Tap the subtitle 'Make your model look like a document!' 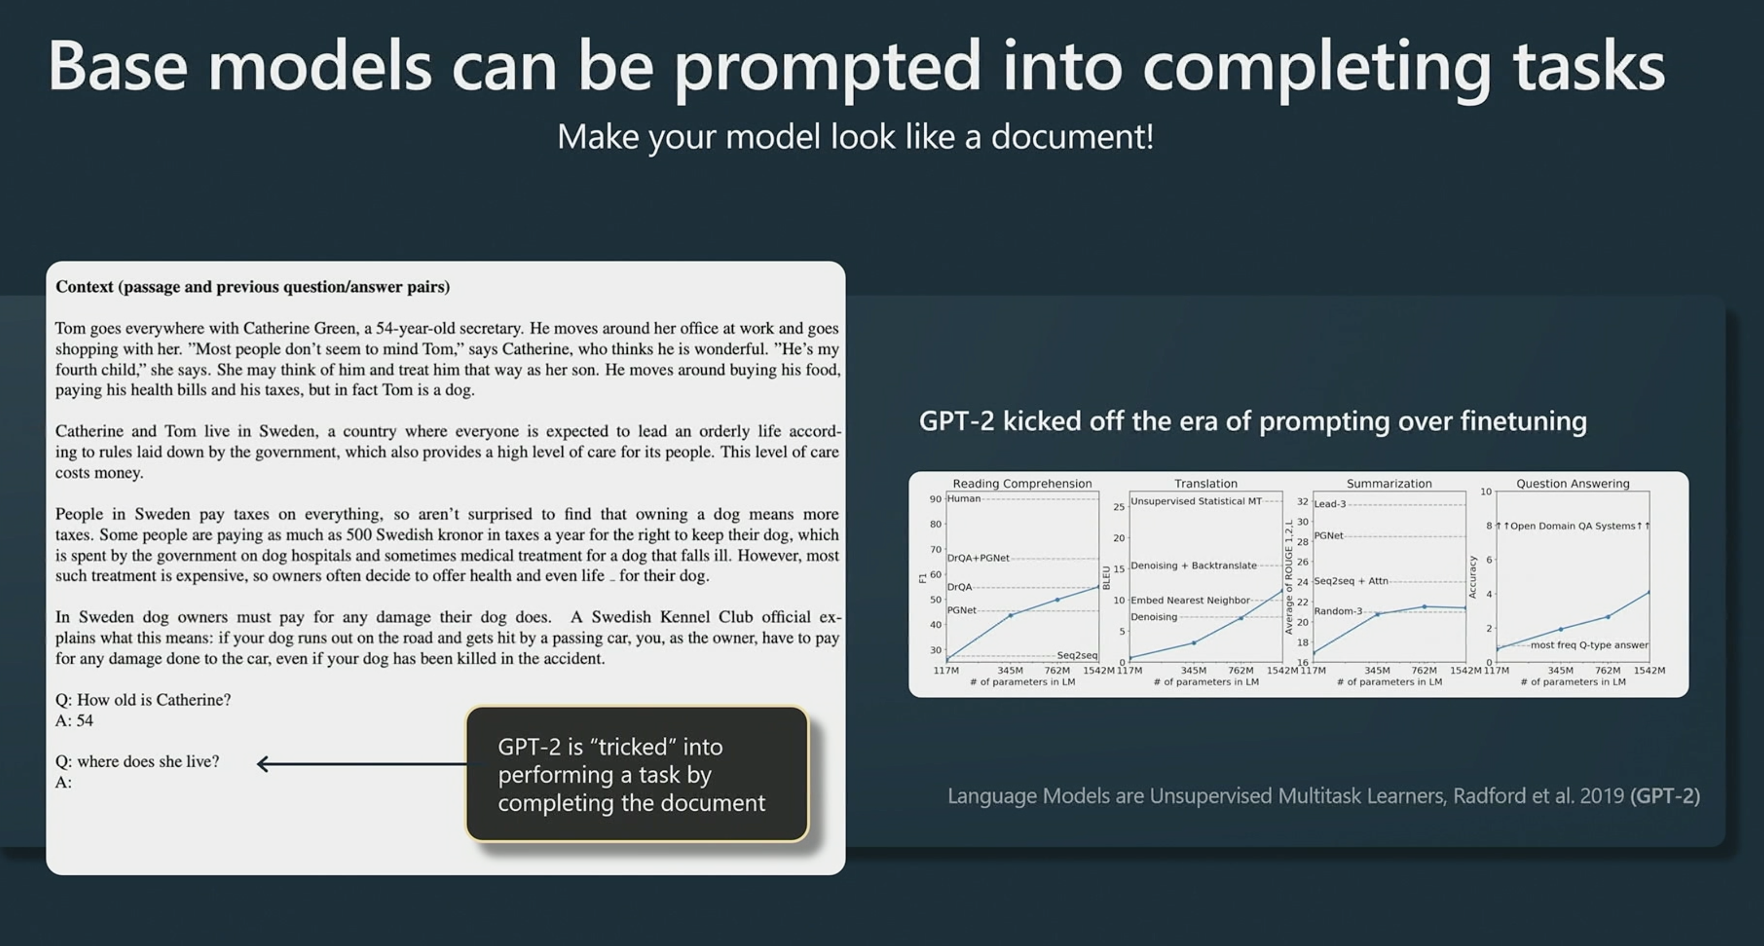coord(855,137)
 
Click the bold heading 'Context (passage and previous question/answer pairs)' coord(253,287)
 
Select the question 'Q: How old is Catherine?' coord(143,700)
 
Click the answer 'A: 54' coord(74,721)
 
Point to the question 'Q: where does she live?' coord(137,762)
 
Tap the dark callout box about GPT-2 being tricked coord(637,774)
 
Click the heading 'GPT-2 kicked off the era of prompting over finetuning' coord(1253,421)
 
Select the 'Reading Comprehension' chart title coord(1022,484)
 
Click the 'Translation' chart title coord(1206,484)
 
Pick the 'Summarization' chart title coord(1389,484)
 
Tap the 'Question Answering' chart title coord(1573,484)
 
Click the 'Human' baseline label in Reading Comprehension coord(964,499)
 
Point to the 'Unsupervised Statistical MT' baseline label coord(1196,501)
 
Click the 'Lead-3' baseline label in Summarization coord(1330,504)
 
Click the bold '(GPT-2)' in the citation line coord(1665,796)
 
